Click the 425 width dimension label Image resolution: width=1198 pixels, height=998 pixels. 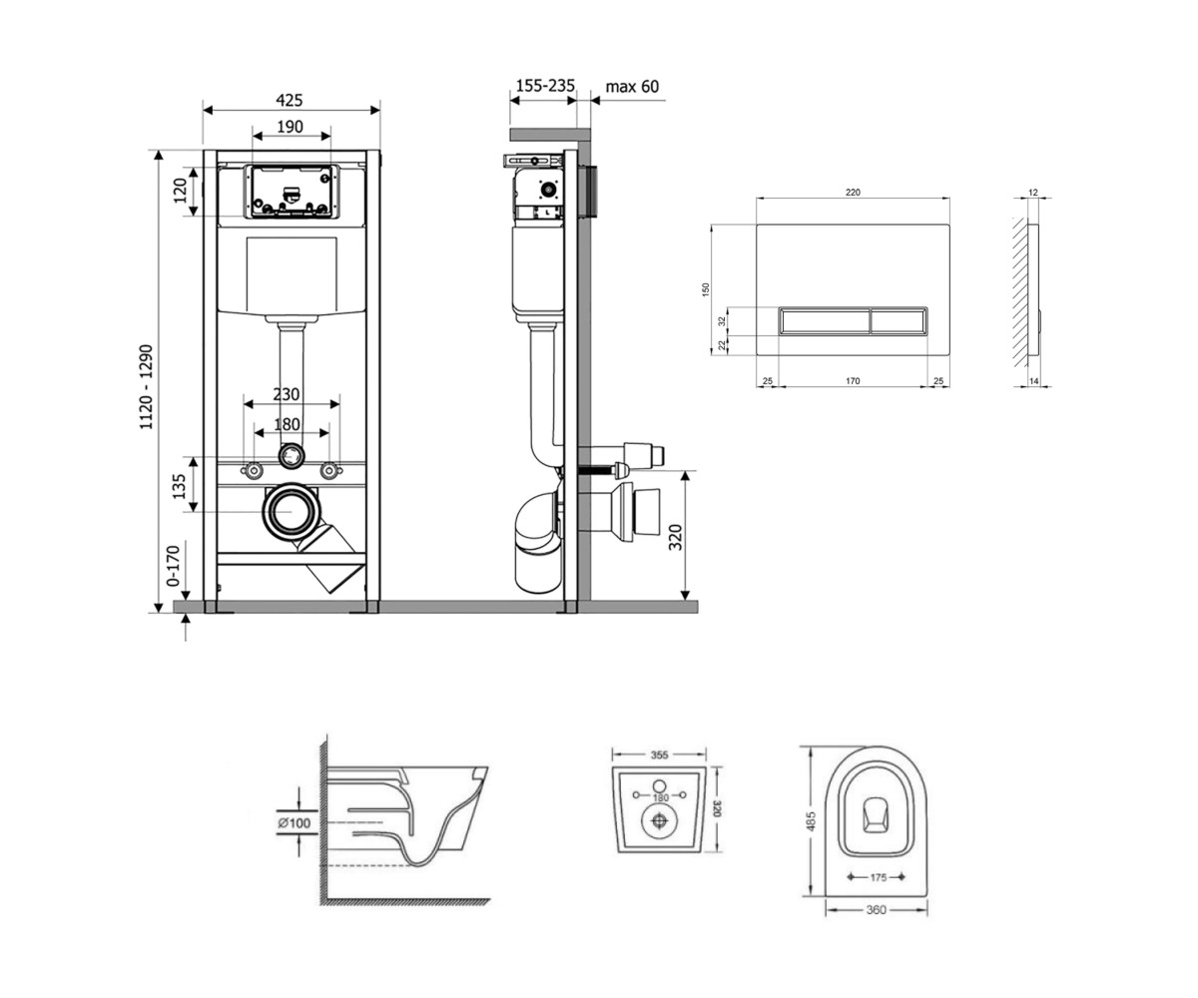point(290,101)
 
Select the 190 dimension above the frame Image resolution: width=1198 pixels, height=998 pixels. point(290,127)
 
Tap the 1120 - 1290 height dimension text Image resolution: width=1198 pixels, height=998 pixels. point(147,386)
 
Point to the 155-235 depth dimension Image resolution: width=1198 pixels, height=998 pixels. point(545,86)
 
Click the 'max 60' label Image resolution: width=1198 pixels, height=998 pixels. point(632,87)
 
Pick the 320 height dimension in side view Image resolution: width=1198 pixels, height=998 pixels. point(676,537)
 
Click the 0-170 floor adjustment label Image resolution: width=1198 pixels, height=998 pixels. point(174,566)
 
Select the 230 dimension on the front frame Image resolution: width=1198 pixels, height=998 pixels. point(286,394)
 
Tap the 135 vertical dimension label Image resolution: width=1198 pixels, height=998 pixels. point(180,485)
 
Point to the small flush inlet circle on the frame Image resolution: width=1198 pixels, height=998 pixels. point(291,455)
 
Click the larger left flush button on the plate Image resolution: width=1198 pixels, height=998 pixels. point(825,320)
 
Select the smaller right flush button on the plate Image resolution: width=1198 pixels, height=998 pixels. point(898,320)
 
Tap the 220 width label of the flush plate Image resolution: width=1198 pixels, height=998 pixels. point(853,193)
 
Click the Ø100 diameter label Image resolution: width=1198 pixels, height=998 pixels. point(294,823)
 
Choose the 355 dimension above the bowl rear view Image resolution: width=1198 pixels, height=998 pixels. point(659,754)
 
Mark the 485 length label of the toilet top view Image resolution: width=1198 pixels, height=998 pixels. point(811,820)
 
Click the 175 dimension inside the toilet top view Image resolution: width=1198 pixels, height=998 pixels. point(878,877)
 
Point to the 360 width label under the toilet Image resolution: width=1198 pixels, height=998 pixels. point(877,909)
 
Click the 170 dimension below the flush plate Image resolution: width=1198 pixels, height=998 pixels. point(853,381)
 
